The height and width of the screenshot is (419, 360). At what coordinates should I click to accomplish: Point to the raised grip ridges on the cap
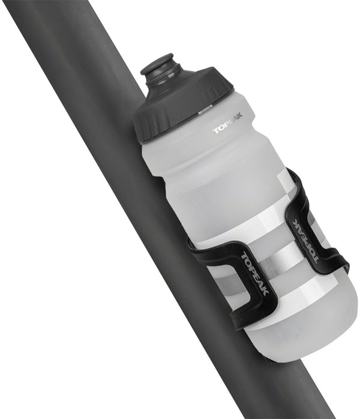208,96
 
